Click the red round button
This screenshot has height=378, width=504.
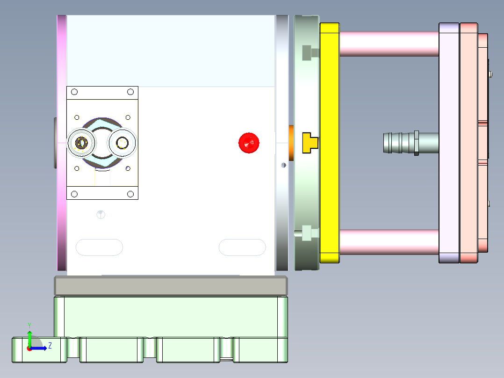click(249, 143)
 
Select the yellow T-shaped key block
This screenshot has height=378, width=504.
click(309, 143)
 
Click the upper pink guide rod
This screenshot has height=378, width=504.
click(388, 44)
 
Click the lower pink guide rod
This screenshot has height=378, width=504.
click(388, 242)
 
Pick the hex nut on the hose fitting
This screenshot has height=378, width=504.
click(416, 143)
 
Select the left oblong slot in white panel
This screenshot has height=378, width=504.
click(99, 247)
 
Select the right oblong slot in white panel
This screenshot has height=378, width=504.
click(242, 247)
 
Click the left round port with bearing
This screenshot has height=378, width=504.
click(82, 143)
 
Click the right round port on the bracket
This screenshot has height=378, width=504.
click(123, 143)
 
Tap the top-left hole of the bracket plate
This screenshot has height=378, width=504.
click(74, 93)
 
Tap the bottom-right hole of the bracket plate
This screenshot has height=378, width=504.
click(130, 194)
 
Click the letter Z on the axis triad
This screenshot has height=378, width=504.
click(50, 345)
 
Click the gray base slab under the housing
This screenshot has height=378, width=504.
click(171, 285)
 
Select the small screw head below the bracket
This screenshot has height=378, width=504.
click(101, 214)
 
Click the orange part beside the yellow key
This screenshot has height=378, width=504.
click(291, 143)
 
